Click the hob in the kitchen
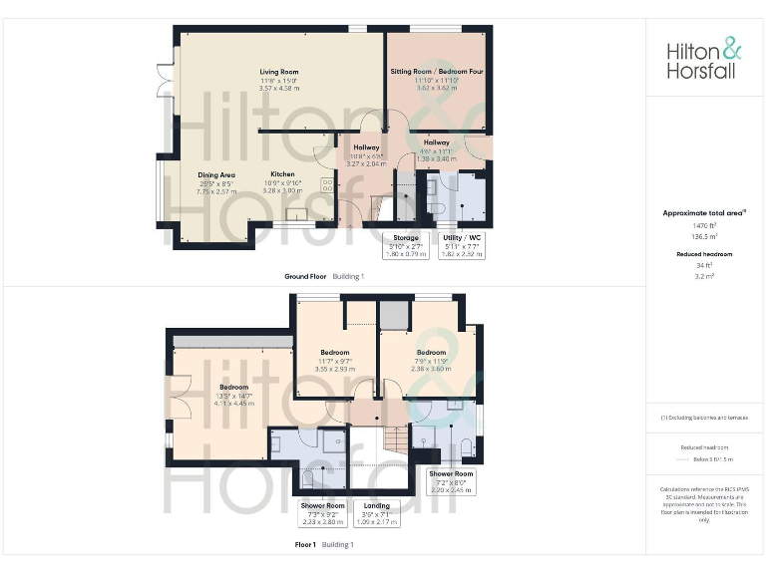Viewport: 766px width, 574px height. coord(326,184)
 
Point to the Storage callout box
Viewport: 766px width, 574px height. coord(404,246)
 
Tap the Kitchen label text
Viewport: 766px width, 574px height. coord(282,174)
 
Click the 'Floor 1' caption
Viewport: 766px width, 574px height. coord(305,545)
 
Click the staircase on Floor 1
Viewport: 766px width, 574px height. coord(397,438)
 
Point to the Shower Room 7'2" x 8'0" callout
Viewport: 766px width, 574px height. coord(450,482)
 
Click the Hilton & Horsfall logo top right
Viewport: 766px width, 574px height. coord(704,59)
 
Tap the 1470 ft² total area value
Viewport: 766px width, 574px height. coord(704,225)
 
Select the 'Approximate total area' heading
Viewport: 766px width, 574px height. coord(704,212)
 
